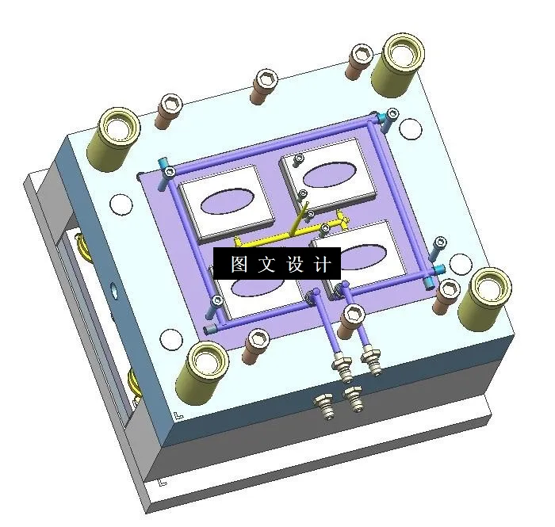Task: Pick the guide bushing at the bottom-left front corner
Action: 206,368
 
